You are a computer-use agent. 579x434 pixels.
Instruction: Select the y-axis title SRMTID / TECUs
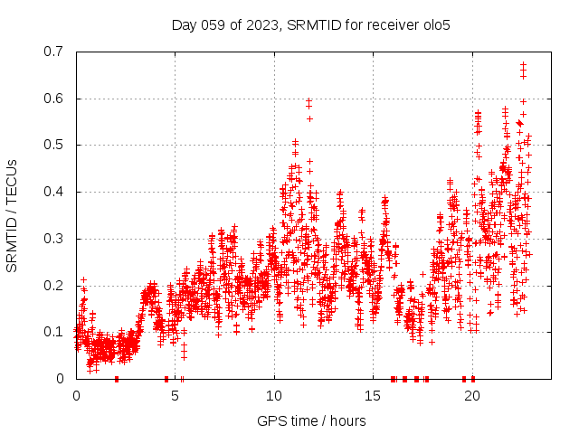(12, 215)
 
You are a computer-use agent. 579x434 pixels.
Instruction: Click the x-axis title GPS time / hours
(311, 420)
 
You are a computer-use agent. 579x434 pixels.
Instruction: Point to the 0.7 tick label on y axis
(55, 52)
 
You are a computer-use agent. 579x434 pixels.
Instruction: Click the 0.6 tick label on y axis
(55, 99)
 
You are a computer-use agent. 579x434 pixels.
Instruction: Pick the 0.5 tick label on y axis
(55, 145)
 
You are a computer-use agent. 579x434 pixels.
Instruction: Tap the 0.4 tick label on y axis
(55, 192)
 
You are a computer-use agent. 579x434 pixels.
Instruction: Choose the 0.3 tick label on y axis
(55, 239)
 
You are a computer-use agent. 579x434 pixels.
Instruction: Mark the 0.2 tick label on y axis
(55, 286)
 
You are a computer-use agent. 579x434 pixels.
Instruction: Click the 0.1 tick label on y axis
(55, 332)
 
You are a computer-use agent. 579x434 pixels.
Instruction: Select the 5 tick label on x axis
(176, 396)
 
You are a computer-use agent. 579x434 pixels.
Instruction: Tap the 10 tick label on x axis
(274, 396)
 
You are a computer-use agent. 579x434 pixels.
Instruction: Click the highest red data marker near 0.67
(523, 65)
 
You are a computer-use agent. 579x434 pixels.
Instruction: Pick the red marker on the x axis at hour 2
(116, 379)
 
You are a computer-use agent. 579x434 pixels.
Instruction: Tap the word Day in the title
(185, 24)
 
